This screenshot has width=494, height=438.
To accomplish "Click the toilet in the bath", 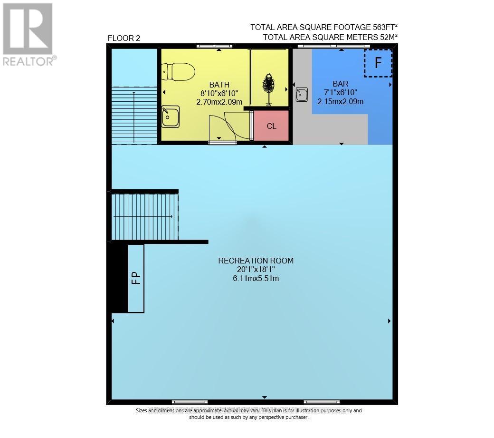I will (178, 72).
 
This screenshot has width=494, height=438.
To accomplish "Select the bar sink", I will (301, 95).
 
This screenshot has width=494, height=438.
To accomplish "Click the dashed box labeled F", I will (378, 63).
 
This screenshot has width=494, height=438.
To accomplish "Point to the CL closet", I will (271, 126).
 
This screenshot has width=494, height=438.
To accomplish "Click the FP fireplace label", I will (136, 278).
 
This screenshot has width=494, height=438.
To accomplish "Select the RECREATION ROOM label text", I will (256, 261).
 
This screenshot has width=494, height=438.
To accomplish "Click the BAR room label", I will (340, 84).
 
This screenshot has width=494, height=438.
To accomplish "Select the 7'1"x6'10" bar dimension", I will (340, 92).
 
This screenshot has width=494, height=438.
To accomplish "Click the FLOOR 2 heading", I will (124, 39).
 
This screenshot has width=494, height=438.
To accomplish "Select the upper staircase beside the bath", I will (134, 115).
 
